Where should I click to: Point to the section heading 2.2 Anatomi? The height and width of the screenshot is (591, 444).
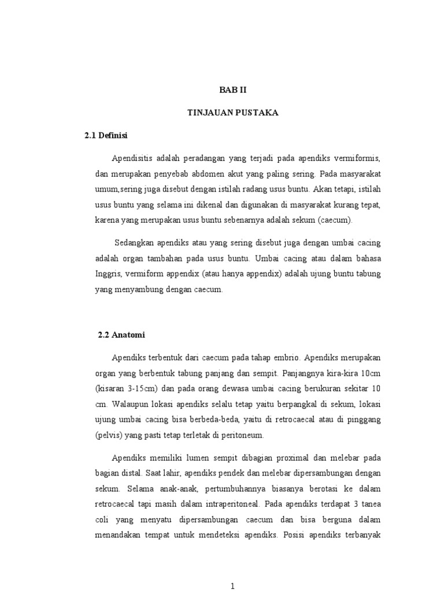(121, 334)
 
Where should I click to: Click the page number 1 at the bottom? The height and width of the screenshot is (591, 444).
(232, 586)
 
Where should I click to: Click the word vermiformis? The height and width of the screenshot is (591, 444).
(358, 158)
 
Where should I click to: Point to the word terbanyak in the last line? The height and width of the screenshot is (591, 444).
(361, 535)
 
